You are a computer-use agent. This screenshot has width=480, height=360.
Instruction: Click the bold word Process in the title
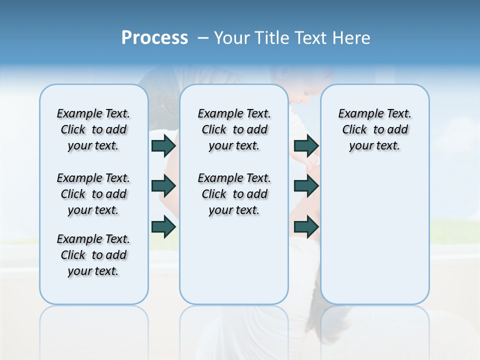click(154, 38)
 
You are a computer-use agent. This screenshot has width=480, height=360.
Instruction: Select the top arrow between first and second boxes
click(163, 145)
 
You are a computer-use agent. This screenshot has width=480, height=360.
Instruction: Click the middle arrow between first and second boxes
click(163, 186)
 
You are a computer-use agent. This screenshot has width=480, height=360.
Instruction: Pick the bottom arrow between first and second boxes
click(163, 227)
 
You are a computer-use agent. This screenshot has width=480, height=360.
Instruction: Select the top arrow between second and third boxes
click(306, 145)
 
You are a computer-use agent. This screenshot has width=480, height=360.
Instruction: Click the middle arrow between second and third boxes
click(306, 186)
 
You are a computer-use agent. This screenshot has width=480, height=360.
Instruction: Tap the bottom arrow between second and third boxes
click(306, 227)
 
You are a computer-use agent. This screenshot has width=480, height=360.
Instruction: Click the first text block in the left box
click(93, 129)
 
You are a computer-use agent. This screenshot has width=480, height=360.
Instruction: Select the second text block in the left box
click(93, 194)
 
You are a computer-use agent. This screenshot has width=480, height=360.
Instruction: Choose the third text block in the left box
click(93, 255)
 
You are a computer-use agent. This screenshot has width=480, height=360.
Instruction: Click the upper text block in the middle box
click(234, 129)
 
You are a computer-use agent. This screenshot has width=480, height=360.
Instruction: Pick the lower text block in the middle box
click(234, 194)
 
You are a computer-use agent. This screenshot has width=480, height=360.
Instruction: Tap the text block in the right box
click(375, 129)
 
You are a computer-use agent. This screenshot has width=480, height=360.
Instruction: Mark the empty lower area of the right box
click(375, 235)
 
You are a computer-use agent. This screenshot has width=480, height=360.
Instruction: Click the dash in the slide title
click(202, 38)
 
